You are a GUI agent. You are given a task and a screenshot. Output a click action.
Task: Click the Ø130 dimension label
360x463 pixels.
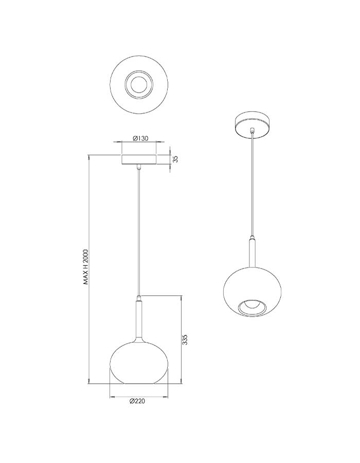[140, 138]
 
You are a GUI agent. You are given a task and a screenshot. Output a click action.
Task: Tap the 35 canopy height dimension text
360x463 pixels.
[175, 159]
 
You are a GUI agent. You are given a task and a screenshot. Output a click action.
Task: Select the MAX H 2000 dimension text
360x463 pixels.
[86, 266]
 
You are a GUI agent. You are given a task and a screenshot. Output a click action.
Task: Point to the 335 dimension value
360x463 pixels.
[185, 340]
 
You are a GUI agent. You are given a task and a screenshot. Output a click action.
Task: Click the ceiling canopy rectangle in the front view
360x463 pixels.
[139, 159]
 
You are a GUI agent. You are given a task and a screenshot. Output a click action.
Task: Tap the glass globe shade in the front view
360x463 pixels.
[139, 363]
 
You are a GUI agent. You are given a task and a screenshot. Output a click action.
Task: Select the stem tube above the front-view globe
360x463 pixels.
[139, 320]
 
